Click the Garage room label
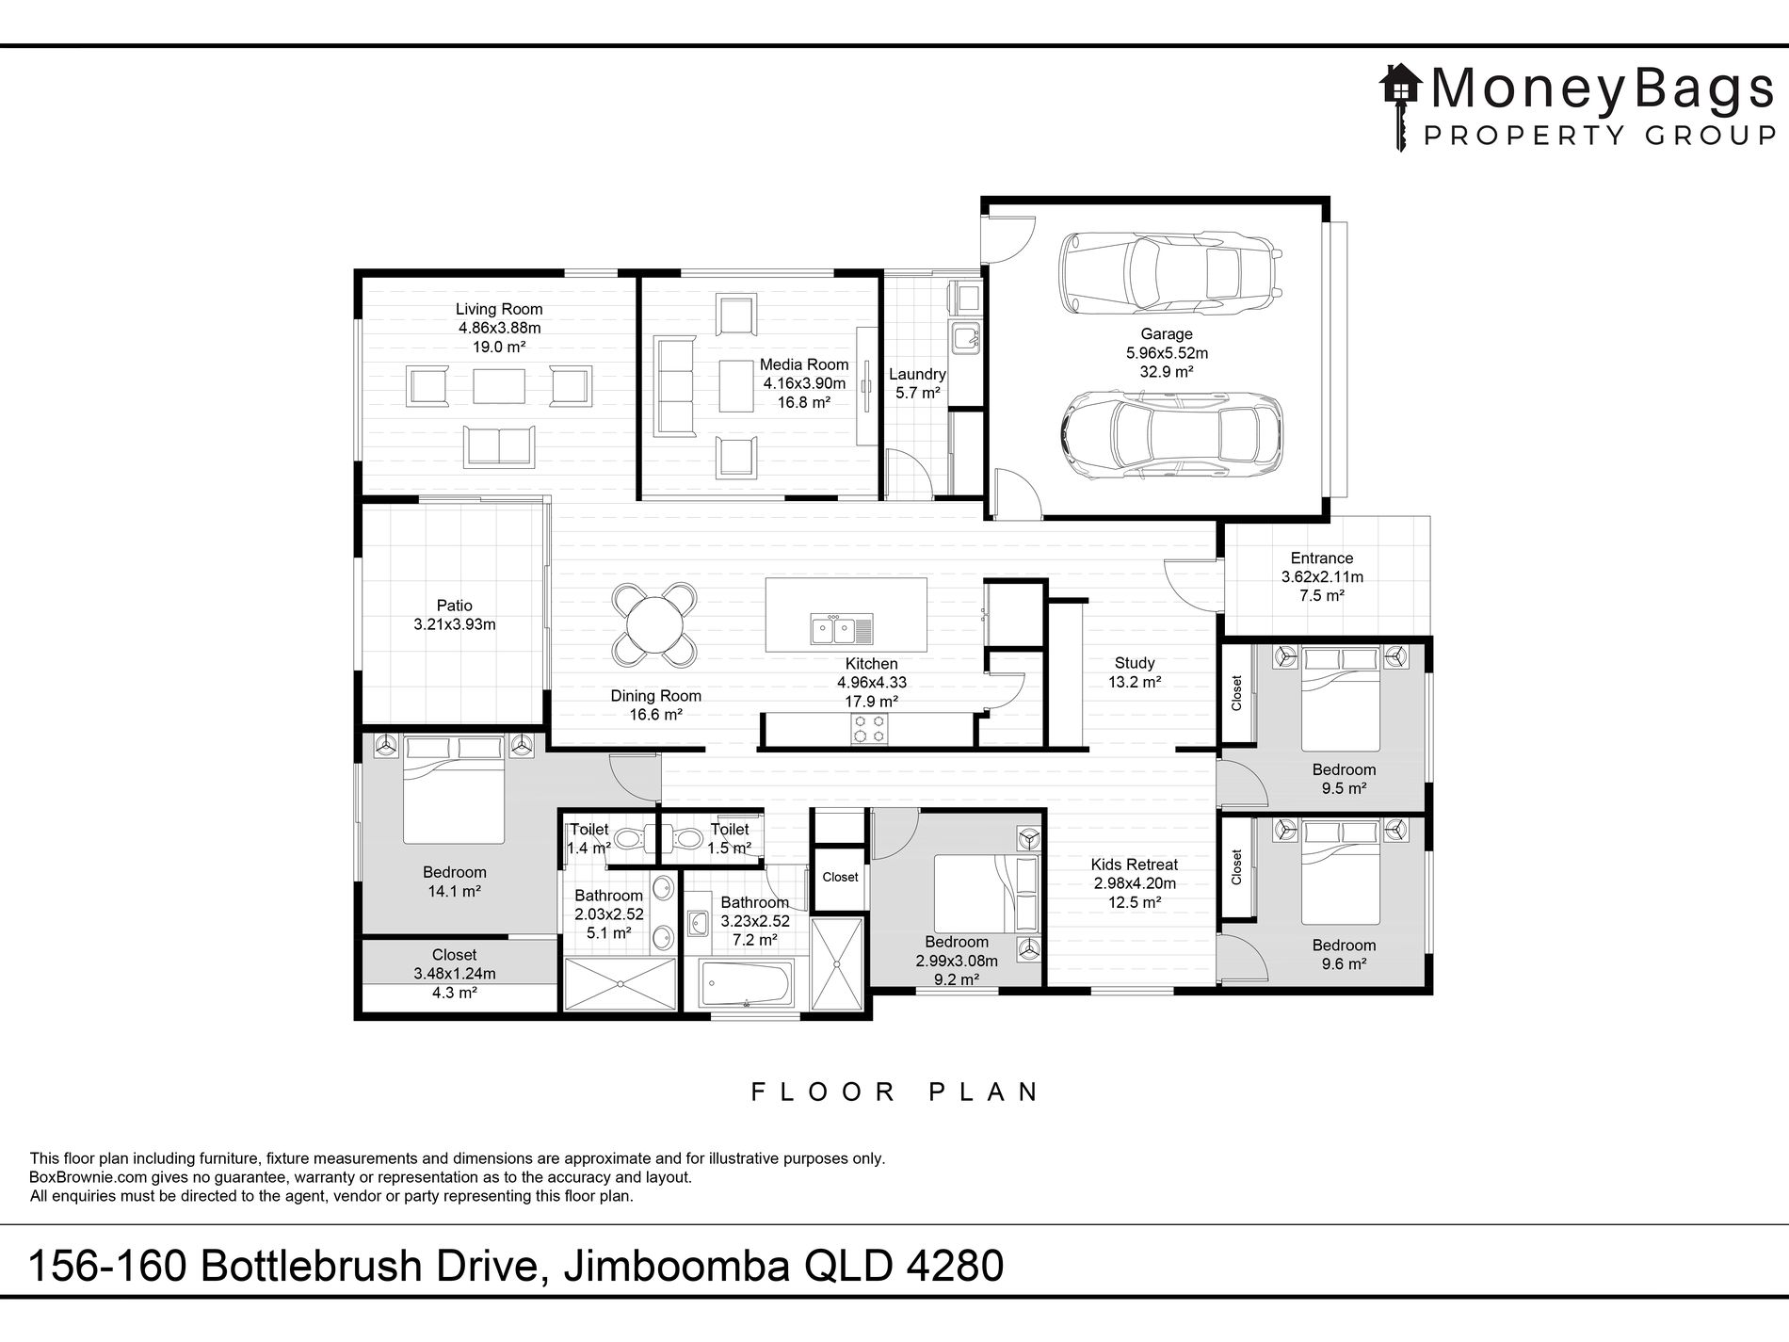[1167, 333]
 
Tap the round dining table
[654, 624]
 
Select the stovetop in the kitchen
[868, 728]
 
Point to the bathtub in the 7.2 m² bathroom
[747, 983]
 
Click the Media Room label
[804, 364]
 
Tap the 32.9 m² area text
[1167, 372]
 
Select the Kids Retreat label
[1135, 865]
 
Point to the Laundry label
[918, 374]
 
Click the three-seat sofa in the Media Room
[672, 384]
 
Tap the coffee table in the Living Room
[499, 386]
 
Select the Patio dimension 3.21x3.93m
[455, 624]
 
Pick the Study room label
[1135, 663]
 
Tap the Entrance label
[1322, 558]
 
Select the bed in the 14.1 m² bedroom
[455, 789]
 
